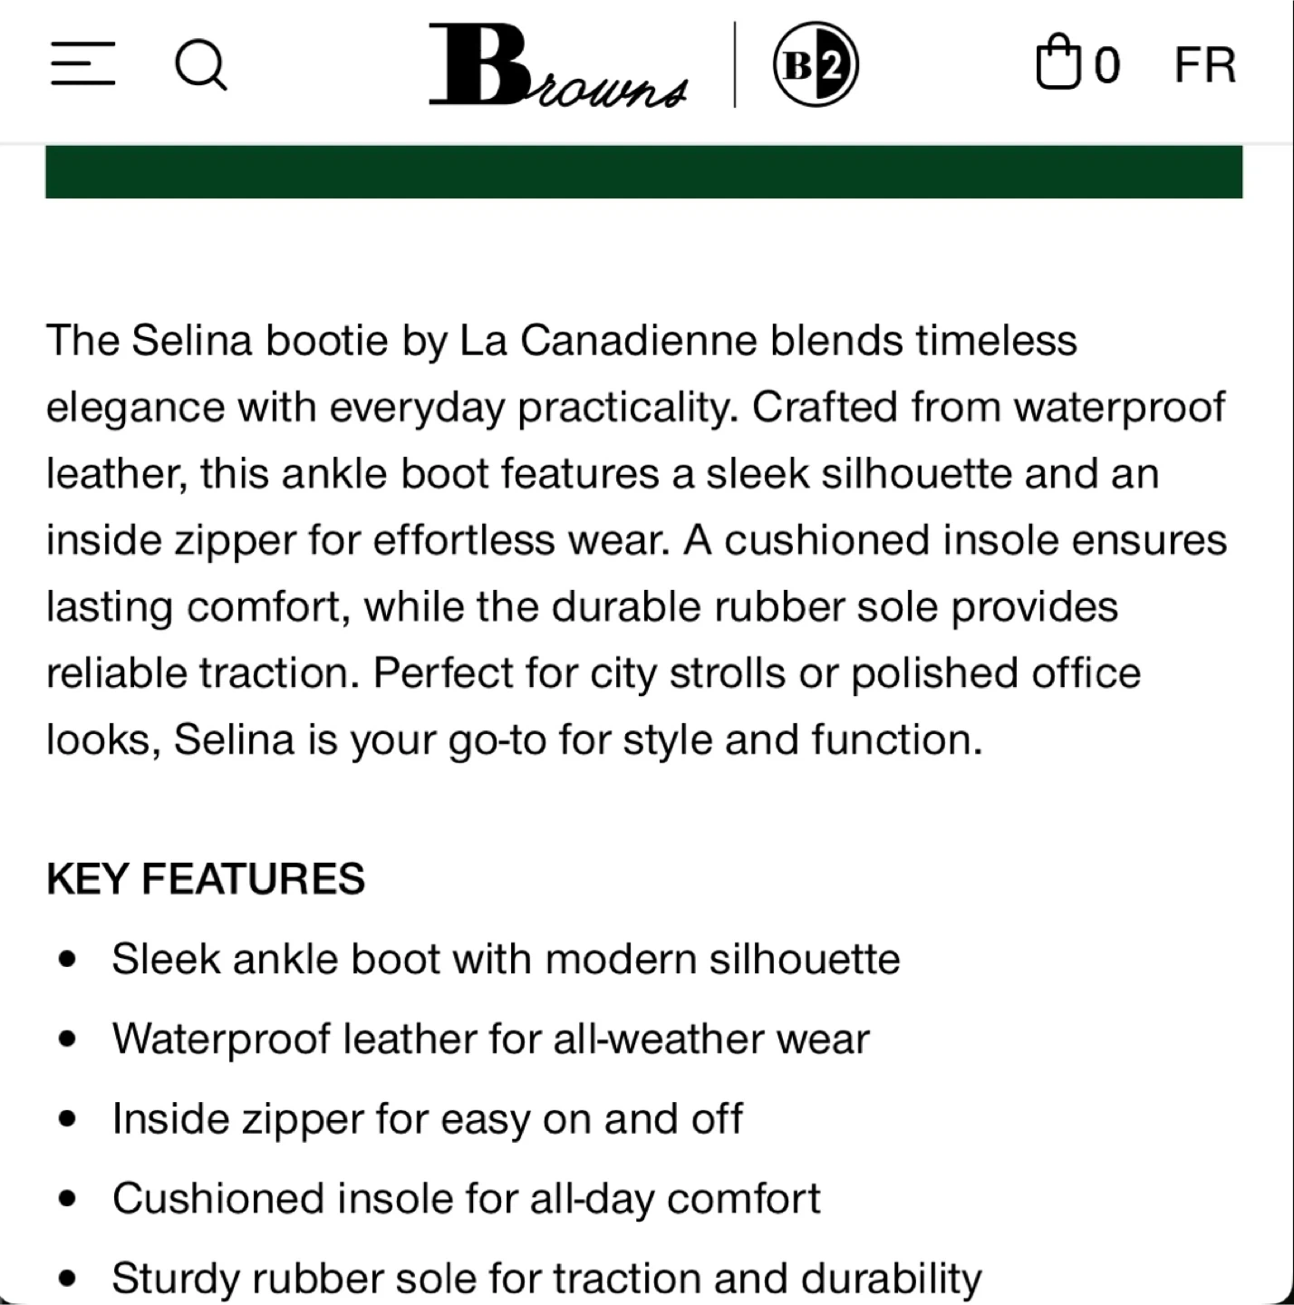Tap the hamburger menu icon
tap(82, 64)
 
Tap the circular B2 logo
tap(816, 64)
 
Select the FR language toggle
tap(1204, 65)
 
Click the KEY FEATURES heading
tap(206, 879)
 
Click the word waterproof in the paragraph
tap(1119, 407)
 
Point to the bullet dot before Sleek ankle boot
tap(65, 960)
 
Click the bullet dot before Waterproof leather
tap(65, 1039)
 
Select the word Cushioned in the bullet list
tap(218, 1199)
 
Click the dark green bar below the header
tap(643, 171)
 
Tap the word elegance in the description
tap(135, 407)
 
